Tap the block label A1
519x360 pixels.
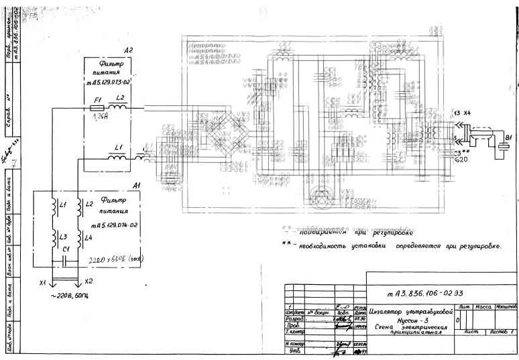click(x=137, y=184)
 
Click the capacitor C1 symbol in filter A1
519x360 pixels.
click(x=66, y=257)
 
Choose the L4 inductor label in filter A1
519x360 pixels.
click(x=89, y=237)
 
